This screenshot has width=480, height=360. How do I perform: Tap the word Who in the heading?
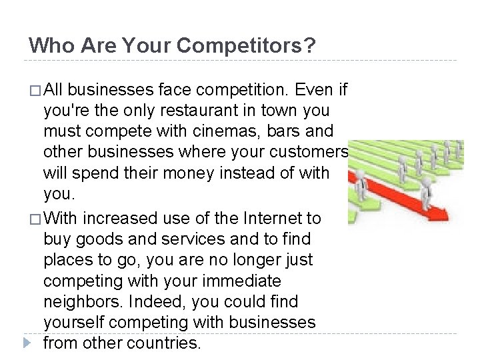49,45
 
